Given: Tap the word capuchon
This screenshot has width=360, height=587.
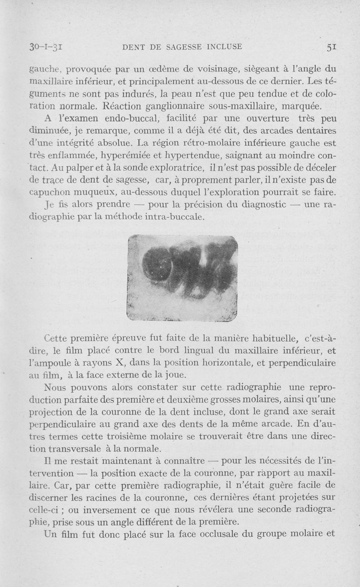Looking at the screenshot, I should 47,193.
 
